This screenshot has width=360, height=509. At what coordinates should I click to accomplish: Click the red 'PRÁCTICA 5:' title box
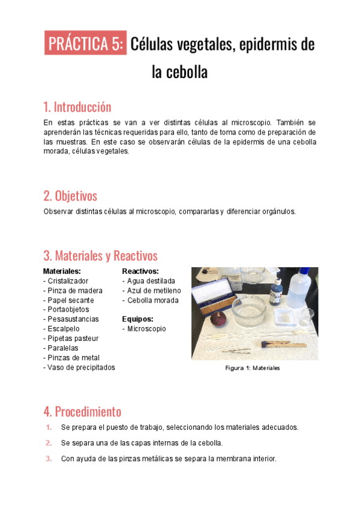[x=86, y=44]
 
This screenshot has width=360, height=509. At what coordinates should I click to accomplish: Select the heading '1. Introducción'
[x=77, y=107]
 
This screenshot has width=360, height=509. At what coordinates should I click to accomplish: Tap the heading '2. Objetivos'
[x=70, y=196]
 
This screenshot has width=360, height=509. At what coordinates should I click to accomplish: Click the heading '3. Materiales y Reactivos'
[x=100, y=256]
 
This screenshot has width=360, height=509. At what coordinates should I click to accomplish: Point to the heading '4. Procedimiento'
[x=82, y=412]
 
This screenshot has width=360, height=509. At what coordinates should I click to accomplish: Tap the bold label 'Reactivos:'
[x=140, y=271]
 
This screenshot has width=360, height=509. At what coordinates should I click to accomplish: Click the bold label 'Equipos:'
[x=137, y=319]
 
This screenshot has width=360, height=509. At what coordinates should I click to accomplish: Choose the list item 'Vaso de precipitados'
[x=79, y=367]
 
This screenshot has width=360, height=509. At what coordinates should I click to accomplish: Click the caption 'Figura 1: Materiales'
[x=253, y=368]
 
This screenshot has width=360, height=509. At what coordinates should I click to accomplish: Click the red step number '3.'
[x=49, y=459]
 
